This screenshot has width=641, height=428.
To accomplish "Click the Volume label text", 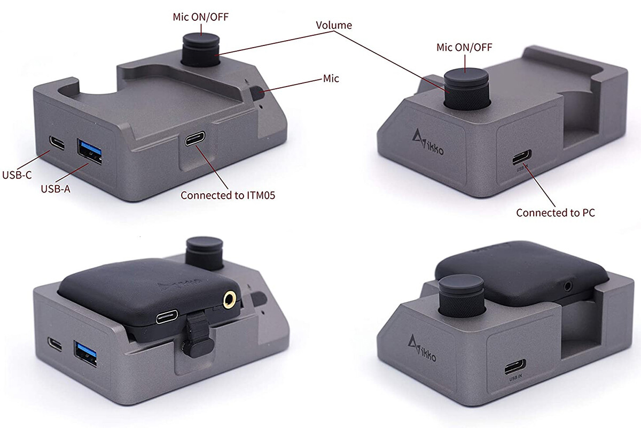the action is tap(334, 25).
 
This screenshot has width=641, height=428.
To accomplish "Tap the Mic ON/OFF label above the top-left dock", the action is tap(201, 17).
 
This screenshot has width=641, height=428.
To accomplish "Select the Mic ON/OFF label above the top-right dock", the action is tap(464, 47).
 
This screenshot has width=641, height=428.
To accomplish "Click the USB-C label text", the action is tap(17, 175).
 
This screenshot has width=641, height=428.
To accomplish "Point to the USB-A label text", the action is tap(56, 189).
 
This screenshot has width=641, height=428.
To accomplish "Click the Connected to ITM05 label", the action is tap(228, 195).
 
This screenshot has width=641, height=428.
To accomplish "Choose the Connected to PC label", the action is tap(556, 213).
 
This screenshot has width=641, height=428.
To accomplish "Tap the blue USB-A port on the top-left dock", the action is tap(90, 151).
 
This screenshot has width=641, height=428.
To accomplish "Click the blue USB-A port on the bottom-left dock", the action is tap(85, 353).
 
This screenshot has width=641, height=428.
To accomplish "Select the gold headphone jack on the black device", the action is tap(229, 300).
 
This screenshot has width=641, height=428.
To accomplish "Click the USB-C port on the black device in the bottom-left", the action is tap(167, 317).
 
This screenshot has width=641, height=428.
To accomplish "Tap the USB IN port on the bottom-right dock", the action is tap(515, 366).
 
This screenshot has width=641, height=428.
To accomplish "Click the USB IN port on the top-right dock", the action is tap(522, 157).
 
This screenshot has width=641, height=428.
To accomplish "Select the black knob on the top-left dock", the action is tap(201, 50).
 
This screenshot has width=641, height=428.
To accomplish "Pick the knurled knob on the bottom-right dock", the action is tap(462, 297).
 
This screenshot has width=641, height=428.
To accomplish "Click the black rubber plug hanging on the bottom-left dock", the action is tap(198, 334).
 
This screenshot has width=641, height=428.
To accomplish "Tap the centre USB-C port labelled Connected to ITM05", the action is tap(195, 139).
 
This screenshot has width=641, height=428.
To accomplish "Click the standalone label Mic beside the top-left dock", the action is tap(331, 79).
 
